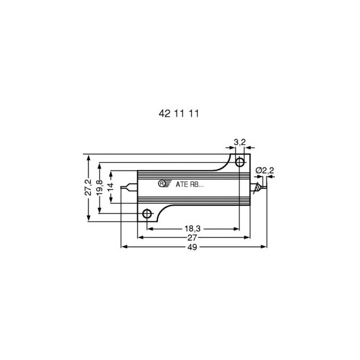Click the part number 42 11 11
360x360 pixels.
tap(179, 114)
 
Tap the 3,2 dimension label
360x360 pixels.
tap(240, 142)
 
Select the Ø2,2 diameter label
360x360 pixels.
tap(265, 171)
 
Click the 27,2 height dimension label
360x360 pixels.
tap(88, 187)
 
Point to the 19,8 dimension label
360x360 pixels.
tap(99, 187)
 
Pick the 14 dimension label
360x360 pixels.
tap(111, 187)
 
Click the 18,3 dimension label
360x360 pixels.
tap(193, 229)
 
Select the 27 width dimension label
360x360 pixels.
tap(192, 238)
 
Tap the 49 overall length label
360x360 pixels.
tap(192, 247)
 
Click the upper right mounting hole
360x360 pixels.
tap(240, 162)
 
